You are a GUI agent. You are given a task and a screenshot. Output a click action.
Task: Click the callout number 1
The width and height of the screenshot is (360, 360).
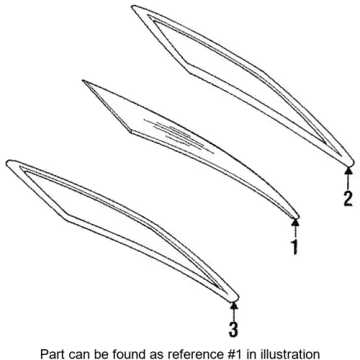tap(295, 247)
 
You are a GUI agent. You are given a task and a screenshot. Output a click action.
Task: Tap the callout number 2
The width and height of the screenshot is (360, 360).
tap(348, 198)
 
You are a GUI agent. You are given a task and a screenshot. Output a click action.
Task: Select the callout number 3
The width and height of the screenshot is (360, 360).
tap(233, 329)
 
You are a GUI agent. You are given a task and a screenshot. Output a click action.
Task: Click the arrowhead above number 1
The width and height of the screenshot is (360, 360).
tap(295, 222)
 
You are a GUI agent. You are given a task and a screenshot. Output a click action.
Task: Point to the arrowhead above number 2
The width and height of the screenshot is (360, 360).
tap(348, 170)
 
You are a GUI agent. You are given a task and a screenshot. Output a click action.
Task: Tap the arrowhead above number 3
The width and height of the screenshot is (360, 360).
tap(234, 305)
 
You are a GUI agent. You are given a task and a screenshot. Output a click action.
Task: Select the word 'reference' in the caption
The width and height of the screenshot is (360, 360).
tap(195, 354)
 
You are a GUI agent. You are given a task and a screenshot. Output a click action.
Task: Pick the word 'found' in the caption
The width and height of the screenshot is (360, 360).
tap(127, 354)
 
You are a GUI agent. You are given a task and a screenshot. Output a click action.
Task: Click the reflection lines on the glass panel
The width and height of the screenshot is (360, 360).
tap(179, 135)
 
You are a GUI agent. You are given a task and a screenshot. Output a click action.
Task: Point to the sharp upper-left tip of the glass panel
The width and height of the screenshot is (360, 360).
tap(83, 81)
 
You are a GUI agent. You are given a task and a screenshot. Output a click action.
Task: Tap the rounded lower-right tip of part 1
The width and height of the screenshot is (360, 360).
tap(297, 217)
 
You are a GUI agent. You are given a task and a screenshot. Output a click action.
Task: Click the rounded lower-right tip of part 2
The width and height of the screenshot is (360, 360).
tap(351, 163)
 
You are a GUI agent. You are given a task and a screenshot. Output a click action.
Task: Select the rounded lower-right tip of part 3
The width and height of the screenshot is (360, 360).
tap(235, 298)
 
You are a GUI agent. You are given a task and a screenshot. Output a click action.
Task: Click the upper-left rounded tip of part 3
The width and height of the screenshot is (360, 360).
tap(9, 163)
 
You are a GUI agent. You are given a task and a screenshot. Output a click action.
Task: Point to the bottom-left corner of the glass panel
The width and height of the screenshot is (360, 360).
tap(131, 132)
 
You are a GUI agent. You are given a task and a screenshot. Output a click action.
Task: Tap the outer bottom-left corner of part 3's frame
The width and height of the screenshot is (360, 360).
tap(65, 218)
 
